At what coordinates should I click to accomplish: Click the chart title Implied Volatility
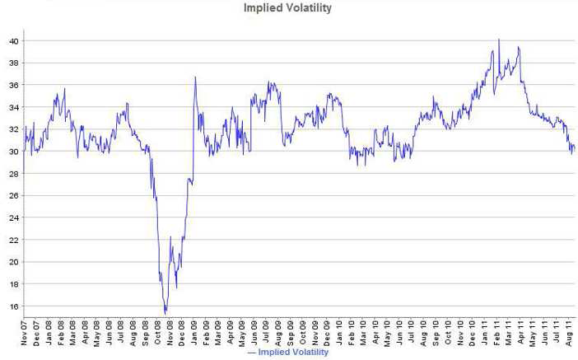287,7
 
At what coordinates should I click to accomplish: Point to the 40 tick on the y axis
14,41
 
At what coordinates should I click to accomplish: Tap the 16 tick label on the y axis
14,306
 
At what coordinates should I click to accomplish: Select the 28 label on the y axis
14,173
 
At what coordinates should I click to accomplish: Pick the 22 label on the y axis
14,240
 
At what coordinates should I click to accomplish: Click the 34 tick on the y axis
14,107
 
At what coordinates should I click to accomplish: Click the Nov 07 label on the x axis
25,333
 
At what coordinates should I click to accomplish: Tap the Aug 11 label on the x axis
569,333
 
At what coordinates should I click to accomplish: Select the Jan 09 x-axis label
193,333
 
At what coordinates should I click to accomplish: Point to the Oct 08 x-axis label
157,333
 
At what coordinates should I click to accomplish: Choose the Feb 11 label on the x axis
496,333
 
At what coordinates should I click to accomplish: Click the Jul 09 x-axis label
267,333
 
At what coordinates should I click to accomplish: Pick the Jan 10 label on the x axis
339,333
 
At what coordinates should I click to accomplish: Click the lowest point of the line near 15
165,314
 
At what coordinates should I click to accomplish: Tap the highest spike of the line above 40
499,40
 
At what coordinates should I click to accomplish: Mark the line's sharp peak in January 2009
195,77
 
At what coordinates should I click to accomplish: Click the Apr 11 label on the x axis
520,333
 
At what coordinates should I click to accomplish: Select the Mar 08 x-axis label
72,333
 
